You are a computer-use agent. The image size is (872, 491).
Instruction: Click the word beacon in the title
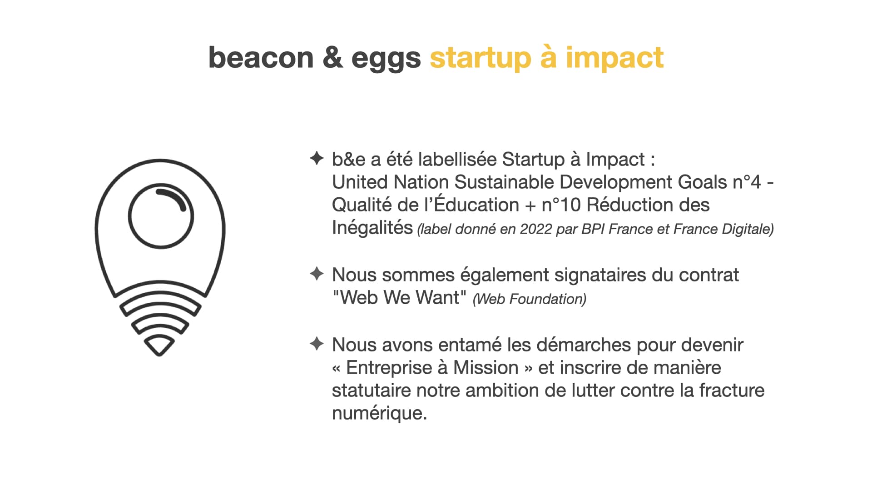click(x=261, y=58)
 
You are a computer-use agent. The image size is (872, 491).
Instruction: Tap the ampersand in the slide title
click(x=333, y=58)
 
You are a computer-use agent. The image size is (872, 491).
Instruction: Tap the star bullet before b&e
click(x=317, y=158)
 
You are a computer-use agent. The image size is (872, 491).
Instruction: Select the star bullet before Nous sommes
click(x=317, y=274)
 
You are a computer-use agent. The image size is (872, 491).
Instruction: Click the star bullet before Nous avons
click(x=317, y=344)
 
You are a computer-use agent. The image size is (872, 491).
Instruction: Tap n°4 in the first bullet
click(x=747, y=182)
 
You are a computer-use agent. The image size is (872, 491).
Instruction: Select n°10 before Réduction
click(x=561, y=205)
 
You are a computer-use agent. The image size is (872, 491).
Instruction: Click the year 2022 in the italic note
click(x=536, y=229)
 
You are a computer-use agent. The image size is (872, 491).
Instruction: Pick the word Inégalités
click(x=372, y=227)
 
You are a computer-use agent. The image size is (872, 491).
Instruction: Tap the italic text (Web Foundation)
click(x=530, y=299)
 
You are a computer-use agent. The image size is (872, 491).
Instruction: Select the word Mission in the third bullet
click(x=486, y=368)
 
